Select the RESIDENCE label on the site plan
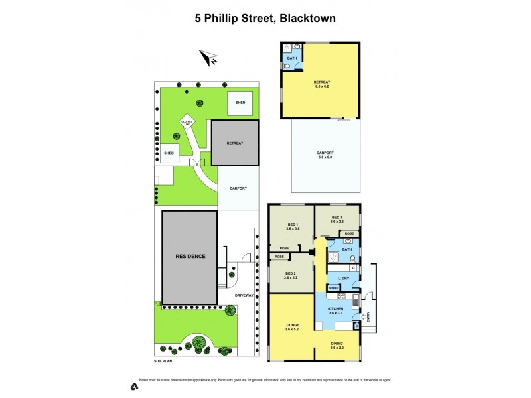pos(190,256)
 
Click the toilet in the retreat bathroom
pos(285,66)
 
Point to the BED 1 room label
pos(293,224)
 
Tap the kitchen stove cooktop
pos(342,296)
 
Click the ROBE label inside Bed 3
pos(349,233)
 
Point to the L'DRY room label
pos(343,277)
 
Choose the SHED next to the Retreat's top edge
pos(240,103)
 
